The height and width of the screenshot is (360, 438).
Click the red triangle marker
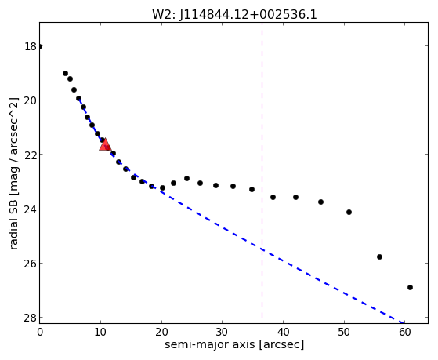[105, 144]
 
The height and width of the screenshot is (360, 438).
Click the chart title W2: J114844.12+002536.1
[234, 15]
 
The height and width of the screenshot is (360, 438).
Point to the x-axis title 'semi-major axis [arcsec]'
[234, 344]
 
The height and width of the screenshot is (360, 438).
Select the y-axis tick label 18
[31, 46]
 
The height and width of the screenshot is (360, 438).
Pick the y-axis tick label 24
[31, 209]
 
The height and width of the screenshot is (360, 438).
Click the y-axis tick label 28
[31, 318]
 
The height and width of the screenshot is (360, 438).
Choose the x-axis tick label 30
[223, 332]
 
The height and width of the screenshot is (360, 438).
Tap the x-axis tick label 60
[405, 332]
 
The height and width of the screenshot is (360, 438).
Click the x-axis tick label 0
[40, 332]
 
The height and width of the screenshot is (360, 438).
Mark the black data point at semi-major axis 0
[40, 46]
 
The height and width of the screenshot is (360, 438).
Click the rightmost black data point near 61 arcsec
[410, 287]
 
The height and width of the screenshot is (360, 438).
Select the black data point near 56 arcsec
[379, 256]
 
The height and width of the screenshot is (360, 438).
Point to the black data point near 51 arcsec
[349, 212]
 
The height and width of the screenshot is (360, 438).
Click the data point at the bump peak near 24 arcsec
[187, 178]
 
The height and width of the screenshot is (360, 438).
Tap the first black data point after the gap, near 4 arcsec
[65, 73]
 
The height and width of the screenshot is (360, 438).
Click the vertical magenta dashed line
[262, 170]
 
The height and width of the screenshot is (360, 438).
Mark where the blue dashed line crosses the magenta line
[262, 249]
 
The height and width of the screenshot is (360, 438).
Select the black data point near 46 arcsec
[320, 202]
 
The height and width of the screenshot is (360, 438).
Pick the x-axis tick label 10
[100, 332]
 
